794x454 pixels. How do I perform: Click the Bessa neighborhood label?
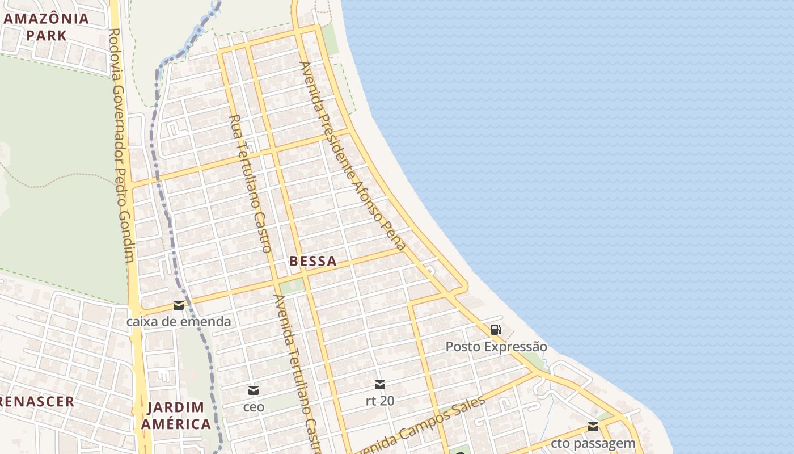tap(312, 262)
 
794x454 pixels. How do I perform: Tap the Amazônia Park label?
tap(47, 26)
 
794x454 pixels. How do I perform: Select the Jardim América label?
tap(176, 415)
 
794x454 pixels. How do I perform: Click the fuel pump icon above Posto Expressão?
tap(496, 329)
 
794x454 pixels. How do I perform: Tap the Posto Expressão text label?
tap(496, 347)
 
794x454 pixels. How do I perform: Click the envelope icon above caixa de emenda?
tap(179, 305)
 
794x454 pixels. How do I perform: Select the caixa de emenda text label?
tap(179, 322)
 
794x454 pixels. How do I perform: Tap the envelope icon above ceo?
tap(254, 390)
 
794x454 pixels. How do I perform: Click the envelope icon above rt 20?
tap(380, 385)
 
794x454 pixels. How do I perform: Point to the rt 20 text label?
tap(380, 401)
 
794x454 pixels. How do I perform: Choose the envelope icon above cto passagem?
tap(593, 427)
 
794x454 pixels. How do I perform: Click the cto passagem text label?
tap(593, 443)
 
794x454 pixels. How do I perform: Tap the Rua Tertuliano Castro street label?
tap(251, 183)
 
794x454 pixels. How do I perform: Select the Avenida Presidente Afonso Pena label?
tap(353, 156)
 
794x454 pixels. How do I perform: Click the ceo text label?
tap(254, 407)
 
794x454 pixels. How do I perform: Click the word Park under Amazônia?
tap(47, 35)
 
